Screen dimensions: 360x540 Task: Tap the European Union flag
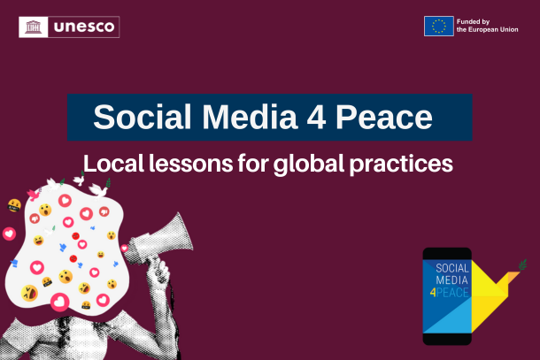pos(438,27)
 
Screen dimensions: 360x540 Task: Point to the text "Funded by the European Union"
pos(485,27)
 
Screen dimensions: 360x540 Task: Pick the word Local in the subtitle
pos(111,164)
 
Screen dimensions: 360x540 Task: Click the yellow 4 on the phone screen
pos(434,292)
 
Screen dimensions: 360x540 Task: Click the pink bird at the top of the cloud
pos(36,194)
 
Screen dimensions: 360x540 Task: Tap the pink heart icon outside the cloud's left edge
pos(9,234)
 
